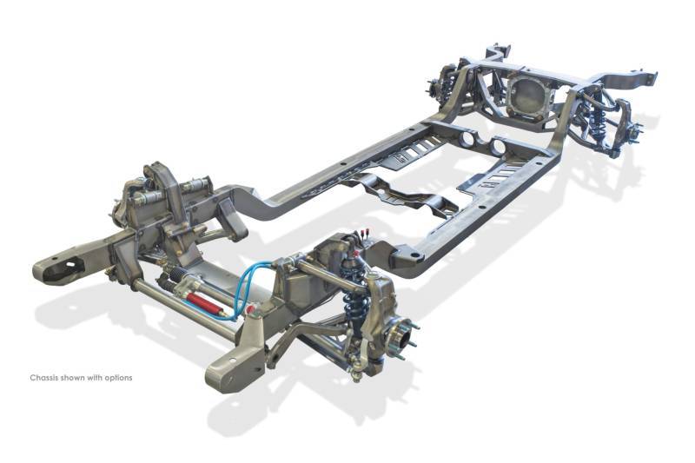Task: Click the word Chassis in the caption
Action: (x=44, y=378)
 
